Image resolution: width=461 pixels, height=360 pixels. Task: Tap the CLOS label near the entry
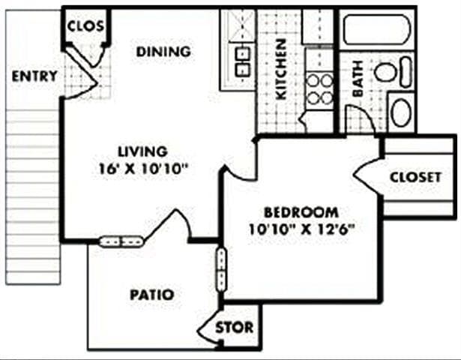coord(85,26)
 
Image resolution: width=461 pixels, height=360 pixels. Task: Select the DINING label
coord(163,52)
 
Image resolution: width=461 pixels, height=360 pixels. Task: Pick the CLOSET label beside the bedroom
coord(415,177)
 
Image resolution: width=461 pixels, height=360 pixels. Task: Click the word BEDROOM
coord(300,211)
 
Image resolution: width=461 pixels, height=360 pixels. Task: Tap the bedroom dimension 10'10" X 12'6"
coord(300,229)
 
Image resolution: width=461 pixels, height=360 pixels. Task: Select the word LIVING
coord(142,151)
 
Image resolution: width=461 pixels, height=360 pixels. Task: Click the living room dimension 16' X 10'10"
coord(142,169)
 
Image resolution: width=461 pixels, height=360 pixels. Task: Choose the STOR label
coord(235,328)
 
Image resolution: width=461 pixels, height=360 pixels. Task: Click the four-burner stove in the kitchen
coord(320,88)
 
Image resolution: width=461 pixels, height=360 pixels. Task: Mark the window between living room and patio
coord(121,241)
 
